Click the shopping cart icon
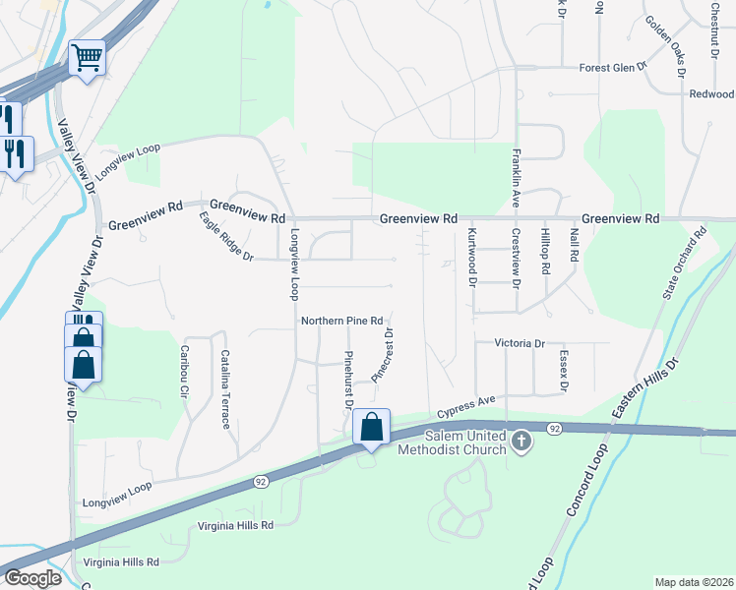click(88, 60)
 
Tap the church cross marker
click(522, 442)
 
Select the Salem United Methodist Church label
click(452, 442)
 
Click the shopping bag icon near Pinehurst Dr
click(371, 428)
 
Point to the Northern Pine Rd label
click(341, 322)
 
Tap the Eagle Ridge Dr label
click(226, 237)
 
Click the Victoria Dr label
click(520, 344)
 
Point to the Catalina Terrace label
click(225, 389)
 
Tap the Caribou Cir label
click(184, 371)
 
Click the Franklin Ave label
click(515, 178)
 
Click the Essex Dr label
click(563, 372)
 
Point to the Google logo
click(33, 578)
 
